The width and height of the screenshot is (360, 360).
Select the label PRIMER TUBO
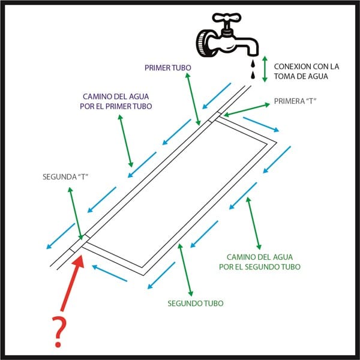coord(167,68)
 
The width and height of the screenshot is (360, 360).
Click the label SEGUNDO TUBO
coord(195,303)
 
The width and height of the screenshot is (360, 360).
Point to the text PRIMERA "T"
coord(294,101)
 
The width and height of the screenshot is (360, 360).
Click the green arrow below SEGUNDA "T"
coord(76,214)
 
